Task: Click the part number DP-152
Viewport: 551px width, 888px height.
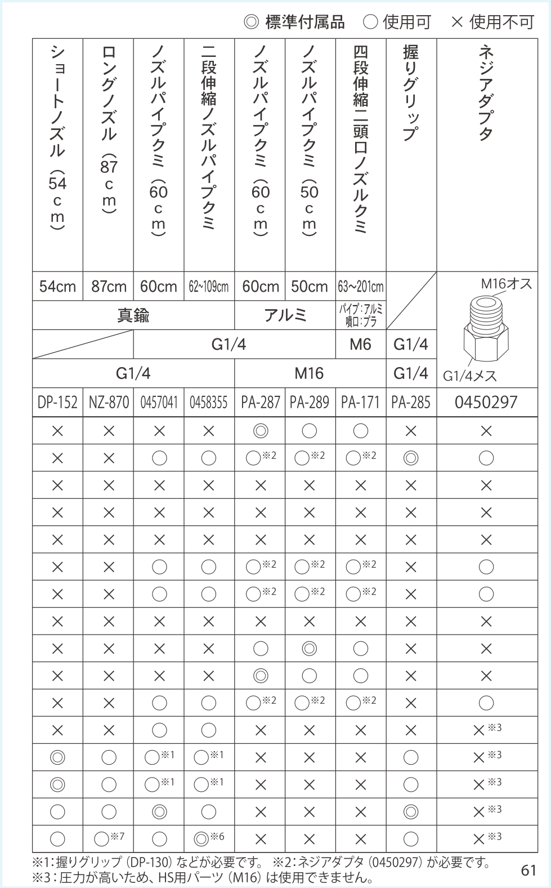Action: coord(57,402)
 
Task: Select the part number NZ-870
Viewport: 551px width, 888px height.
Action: coord(109,402)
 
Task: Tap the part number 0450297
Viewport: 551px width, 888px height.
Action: coord(486,402)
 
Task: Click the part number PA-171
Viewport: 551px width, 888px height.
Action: coord(360,402)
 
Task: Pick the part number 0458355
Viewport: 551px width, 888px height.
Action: coord(209,402)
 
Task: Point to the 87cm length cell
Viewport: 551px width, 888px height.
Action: coord(109,287)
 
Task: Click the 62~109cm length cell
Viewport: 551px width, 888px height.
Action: coord(209,287)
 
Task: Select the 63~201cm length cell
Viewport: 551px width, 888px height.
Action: coord(360,287)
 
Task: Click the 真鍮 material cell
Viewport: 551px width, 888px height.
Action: coord(133,315)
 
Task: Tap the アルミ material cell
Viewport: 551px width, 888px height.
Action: coord(285,315)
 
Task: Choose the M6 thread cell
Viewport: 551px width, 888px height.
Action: coord(360,344)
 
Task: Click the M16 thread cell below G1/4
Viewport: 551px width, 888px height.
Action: coord(309,373)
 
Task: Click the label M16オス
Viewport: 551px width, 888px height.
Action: coord(506,284)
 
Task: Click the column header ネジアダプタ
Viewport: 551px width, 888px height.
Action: coord(486,93)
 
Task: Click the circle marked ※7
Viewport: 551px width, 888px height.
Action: coord(102,839)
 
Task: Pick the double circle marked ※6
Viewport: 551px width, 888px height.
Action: coord(202,839)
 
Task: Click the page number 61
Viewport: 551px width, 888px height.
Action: coord(528,870)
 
